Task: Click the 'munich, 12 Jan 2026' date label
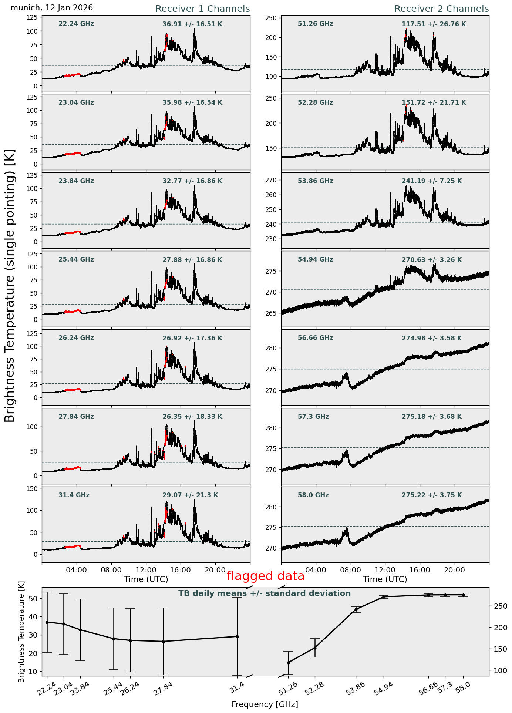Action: [52, 8]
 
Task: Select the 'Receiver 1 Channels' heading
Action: [202, 9]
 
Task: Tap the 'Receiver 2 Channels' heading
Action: [441, 9]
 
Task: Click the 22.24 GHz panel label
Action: [76, 24]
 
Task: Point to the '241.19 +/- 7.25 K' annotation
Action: [432, 181]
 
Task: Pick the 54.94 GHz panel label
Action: [315, 260]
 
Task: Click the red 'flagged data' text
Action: [265, 576]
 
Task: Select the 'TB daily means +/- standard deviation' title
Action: [265, 593]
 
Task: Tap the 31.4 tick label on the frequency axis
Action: [237, 687]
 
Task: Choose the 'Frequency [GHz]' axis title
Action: [265, 704]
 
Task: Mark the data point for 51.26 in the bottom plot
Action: [288, 663]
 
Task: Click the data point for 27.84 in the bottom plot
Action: [163, 642]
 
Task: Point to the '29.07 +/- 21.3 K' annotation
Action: [190, 495]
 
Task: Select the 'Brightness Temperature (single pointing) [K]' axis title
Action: [10, 286]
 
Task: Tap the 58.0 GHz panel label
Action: [313, 495]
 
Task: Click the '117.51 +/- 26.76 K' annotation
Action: [434, 24]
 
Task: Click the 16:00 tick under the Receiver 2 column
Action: [420, 570]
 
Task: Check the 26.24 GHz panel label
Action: [76, 338]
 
